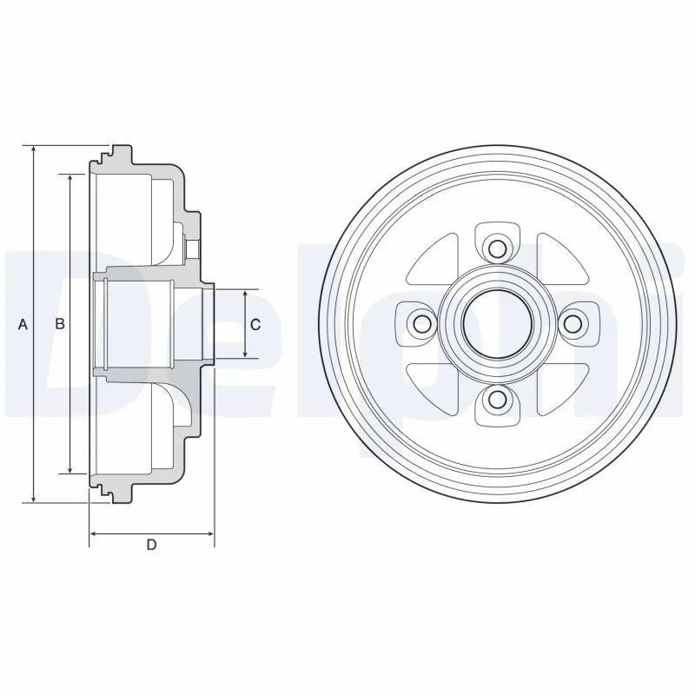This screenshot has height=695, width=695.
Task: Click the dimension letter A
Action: [x=23, y=325]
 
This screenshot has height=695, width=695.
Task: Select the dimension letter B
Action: [x=59, y=325]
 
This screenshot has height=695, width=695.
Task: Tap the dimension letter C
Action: [x=255, y=325]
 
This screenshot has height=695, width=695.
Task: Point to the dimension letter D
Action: [x=151, y=546]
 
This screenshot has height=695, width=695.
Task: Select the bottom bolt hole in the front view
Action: [x=497, y=399]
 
